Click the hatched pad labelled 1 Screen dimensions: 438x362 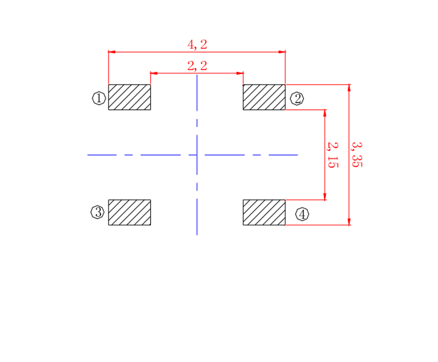pos(130,97)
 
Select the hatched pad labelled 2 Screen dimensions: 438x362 pos(264,97)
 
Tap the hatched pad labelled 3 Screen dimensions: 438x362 pos(130,212)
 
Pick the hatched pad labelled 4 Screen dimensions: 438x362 pos(264,212)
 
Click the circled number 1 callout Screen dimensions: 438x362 pos(99,98)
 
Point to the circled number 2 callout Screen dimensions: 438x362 pos(297,99)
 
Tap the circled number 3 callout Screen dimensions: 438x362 pos(98,212)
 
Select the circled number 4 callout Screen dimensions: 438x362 pos(302,214)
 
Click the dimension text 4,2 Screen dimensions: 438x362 pos(197,45)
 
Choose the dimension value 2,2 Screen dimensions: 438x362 pos(197,66)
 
